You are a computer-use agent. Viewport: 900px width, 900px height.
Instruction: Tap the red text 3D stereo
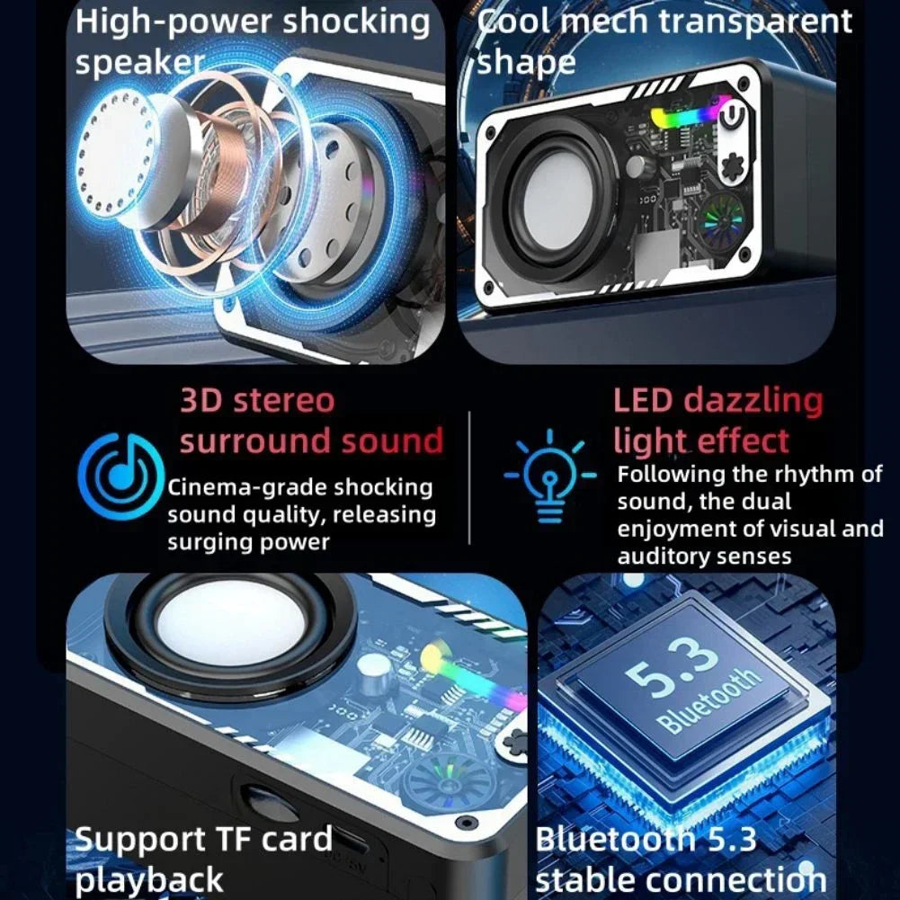click(x=257, y=401)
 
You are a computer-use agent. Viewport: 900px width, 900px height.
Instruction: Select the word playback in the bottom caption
click(x=149, y=879)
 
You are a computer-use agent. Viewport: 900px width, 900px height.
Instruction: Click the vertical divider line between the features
click(x=469, y=477)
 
